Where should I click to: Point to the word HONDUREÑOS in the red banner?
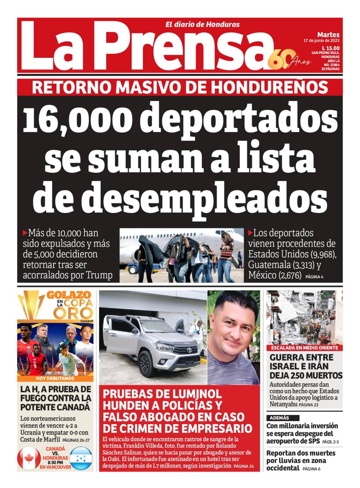269,87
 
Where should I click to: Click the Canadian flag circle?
29,458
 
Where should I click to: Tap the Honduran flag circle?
81,458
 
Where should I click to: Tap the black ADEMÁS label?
280,418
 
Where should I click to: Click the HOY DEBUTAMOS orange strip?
55,378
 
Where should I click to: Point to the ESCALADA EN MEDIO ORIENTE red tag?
304,348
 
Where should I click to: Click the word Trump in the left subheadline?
99,275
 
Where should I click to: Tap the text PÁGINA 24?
244,466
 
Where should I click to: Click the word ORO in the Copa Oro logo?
73,313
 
